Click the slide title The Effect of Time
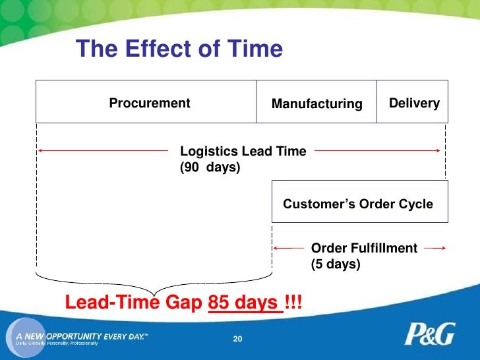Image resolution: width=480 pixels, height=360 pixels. [179, 49]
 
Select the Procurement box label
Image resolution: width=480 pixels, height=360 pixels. [149, 104]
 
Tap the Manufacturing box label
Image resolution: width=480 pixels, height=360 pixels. [316, 104]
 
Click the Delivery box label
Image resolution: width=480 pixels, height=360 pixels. [414, 104]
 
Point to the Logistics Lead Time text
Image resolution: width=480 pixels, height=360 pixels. [243, 151]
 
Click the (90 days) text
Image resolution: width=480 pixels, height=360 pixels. [210, 168]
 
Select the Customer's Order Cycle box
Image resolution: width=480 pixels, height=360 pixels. [359, 204]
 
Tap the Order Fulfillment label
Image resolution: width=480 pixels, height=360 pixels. [364, 248]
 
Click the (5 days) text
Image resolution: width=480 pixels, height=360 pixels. [336, 265]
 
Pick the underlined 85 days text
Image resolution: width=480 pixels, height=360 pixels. [243, 303]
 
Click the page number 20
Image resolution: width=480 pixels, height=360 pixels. [239, 339]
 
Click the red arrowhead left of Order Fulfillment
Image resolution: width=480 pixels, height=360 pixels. [276, 249]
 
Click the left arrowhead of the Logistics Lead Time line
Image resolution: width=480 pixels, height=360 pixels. [40, 150]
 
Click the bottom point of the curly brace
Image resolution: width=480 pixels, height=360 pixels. [154, 293]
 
